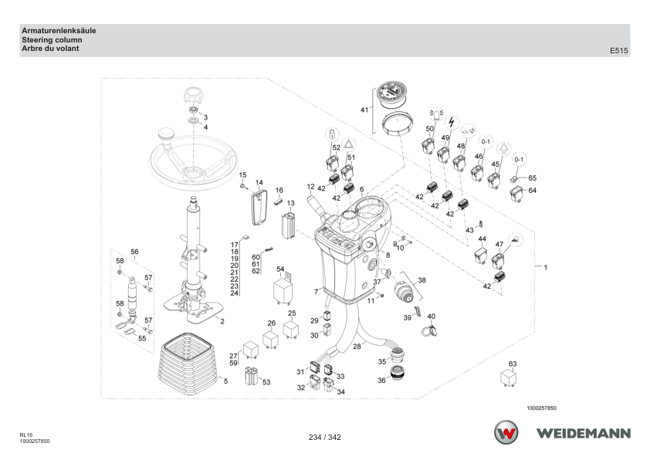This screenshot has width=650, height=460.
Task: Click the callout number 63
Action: (513, 364)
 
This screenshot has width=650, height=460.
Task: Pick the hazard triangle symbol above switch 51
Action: (350, 144)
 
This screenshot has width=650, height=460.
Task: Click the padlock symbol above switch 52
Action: (332, 135)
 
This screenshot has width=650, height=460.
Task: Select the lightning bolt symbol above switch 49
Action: (452, 122)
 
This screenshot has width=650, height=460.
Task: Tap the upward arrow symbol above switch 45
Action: (503, 148)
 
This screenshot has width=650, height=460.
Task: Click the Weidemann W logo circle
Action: (506, 432)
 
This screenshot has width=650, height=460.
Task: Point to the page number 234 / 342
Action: (324, 437)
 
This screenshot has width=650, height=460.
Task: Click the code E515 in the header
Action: (618, 51)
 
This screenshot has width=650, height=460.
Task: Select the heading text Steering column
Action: (52, 40)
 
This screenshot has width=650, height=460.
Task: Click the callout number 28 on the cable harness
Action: (357, 347)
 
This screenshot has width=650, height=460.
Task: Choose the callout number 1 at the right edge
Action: (546, 268)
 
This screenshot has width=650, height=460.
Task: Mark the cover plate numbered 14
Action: (259, 207)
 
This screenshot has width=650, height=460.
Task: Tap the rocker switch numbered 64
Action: (516, 193)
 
